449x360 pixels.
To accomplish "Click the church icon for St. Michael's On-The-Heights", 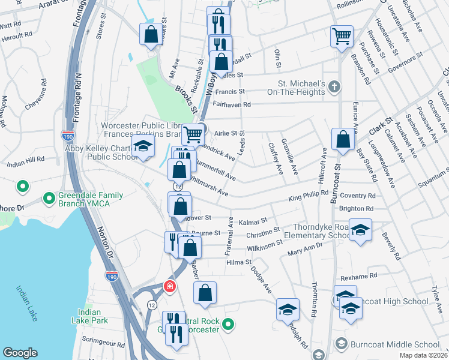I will (x=335, y=88).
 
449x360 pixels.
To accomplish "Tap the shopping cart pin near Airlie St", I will (x=192, y=134).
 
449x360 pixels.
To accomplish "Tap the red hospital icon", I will (x=170, y=287).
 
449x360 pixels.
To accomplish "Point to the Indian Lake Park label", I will (x=93, y=316).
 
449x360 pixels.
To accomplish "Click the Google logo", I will (x=20, y=353).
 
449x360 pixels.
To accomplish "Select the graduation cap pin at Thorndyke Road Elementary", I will (x=360, y=230).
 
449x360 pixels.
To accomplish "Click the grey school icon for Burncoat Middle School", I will (x=341, y=344).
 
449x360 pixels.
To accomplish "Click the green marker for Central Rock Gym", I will (x=228, y=325).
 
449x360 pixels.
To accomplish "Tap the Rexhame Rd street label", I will (x=358, y=276).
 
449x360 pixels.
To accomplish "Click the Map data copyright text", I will (x=421, y=355).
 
